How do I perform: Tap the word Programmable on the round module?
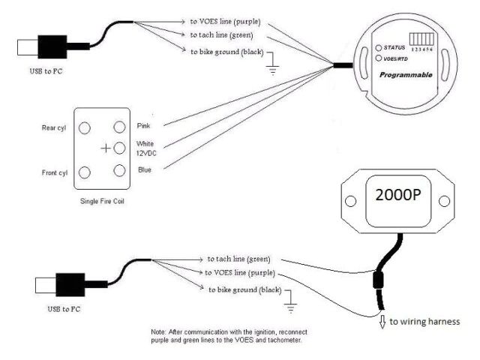click(x=405, y=76)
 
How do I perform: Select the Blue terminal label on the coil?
click(x=145, y=170)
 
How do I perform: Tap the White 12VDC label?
click(x=145, y=148)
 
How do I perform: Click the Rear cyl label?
click(x=53, y=127)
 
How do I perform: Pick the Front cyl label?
click(x=52, y=172)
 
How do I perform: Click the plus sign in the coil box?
click(x=106, y=148)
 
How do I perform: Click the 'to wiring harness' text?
click(x=423, y=321)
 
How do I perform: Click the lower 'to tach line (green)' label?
click(x=239, y=257)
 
